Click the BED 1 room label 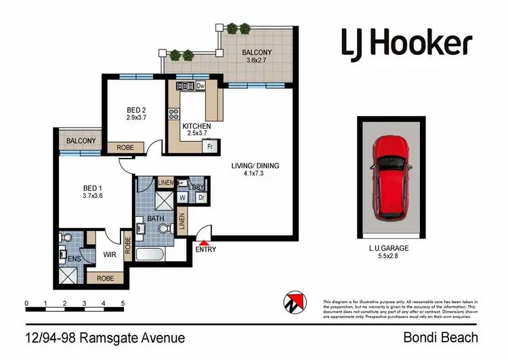91,191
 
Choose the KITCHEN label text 197,126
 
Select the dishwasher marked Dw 200,86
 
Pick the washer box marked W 182,197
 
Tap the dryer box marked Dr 201,197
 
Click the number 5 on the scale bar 123,303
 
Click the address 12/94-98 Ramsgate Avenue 105,337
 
